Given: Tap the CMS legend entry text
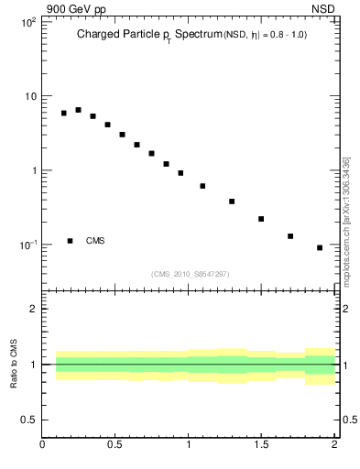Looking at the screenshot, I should [x=95, y=241].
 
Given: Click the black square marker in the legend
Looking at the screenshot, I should [x=71, y=241].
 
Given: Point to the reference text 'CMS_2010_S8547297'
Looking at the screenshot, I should [x=191, y=273].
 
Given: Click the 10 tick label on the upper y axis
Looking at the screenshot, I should [x=30, y=96].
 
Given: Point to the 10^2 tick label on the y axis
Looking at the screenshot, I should [x=28, y=21].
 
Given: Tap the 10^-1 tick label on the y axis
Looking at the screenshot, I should [x=27, y=245].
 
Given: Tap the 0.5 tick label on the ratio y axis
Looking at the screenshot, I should [x=28, y=420].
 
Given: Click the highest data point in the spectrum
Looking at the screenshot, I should [x=78, y=110].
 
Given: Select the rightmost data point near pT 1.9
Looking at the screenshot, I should [x=320, y=247].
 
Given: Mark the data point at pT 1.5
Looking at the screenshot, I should [x=261, y=219].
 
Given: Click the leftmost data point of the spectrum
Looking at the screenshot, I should [x=63, y=114].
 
